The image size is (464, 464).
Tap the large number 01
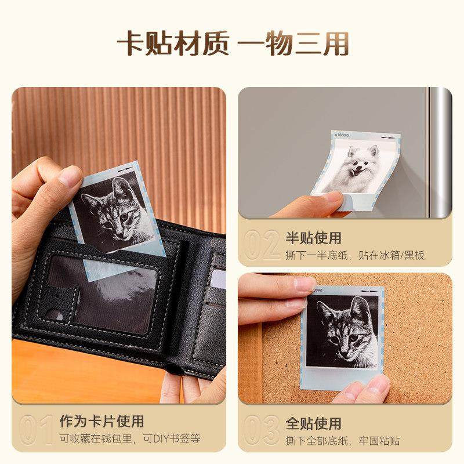pos(36,430)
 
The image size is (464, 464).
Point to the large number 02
pos(262,246)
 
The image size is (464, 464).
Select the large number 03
pos(262,430)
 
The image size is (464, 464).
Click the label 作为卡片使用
pos(101,421)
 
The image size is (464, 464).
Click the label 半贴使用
pos(314,238)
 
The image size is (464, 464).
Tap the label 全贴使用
pos(314,423)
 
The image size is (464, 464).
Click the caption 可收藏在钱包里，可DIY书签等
pos(130,439)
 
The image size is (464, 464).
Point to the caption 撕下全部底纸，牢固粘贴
pos(342,441)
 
